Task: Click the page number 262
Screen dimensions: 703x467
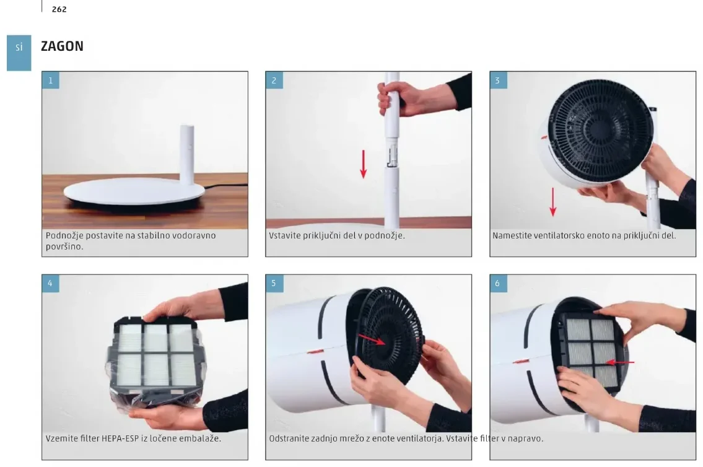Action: coord(59,9)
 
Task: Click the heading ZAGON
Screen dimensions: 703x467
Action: coord(62,46)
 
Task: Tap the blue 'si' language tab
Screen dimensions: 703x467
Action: coord(19,53)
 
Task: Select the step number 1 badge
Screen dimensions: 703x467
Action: coord(51,81)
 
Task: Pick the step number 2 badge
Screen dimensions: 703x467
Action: coord(274,81)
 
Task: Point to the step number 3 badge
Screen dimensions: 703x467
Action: coord(497,81)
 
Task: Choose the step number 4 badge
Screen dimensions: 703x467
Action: coord(51,283)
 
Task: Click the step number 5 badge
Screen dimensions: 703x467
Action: coord(274,283)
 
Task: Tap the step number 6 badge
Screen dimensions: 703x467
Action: coord(497,283)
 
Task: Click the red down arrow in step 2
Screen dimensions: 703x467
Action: coord(363,164)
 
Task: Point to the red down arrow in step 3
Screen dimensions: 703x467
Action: coord(553,202)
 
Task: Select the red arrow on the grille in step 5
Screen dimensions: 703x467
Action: coord(372,339)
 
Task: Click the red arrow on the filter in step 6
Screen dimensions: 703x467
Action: coord(620,362)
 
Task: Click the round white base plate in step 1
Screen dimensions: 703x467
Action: coord(134,191)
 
